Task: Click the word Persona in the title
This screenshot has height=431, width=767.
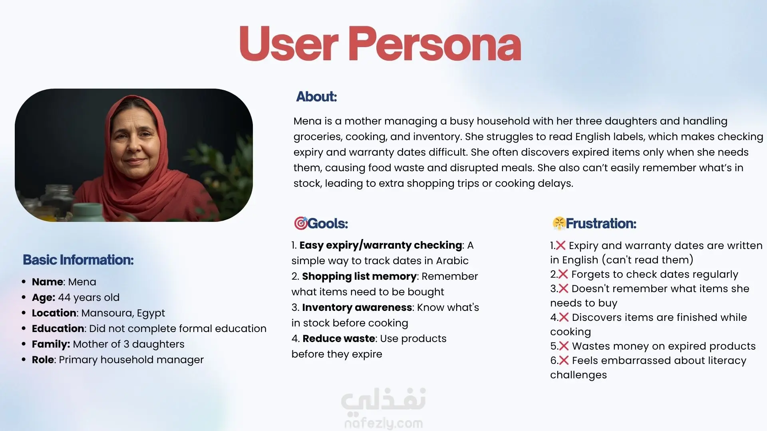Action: [435, 43]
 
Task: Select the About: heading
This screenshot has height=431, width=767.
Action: [316, 97]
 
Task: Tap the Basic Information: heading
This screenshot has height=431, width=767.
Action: [78, 260]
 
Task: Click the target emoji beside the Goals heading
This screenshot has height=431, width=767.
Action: [300, 223]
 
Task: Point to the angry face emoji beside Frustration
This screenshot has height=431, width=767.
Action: [559, 223]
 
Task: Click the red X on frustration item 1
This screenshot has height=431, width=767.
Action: [560, 245]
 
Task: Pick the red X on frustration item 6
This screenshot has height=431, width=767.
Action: [564, 360]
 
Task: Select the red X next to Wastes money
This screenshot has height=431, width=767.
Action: [564, 346]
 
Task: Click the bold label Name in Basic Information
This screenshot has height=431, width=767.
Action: [48, 282]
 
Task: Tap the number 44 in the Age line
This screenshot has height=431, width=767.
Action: [64, 297]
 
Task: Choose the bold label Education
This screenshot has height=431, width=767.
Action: [58, 328]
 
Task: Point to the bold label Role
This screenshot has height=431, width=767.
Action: [43, 360]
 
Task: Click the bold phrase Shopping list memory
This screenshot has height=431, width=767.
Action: [359, 276]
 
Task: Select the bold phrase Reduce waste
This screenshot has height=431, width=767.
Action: [339, 338]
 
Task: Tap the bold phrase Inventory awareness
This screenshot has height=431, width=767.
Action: [357, 307]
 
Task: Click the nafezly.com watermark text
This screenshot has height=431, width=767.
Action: [383, 423]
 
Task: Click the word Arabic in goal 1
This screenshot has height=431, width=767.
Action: [452, 261]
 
